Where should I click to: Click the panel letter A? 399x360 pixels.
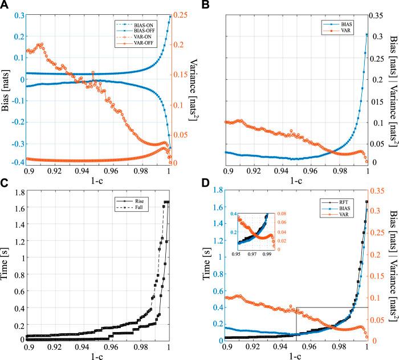point(5,5)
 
